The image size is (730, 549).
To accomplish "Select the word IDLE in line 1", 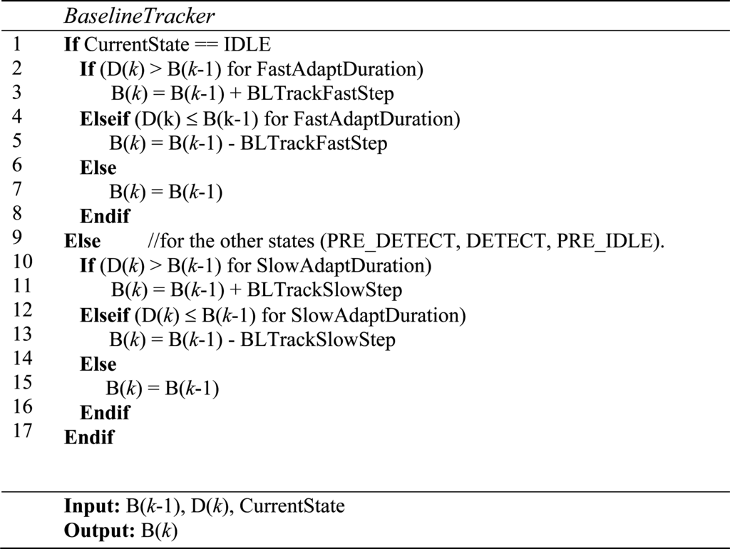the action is (x=247, y=45).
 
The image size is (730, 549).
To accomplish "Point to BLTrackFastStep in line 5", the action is (x=314, y=143).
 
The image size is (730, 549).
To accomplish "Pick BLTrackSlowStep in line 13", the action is (x=318, y=339).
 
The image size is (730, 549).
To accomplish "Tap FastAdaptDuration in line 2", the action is (x=338, y=70).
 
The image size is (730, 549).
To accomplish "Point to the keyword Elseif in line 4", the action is (x=104, y=119).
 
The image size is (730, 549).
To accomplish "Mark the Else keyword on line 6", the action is (x=98, y=168).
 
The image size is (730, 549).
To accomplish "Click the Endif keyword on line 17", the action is (x=89, y=437).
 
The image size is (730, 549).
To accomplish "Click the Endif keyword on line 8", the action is (x=105, y=216).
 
